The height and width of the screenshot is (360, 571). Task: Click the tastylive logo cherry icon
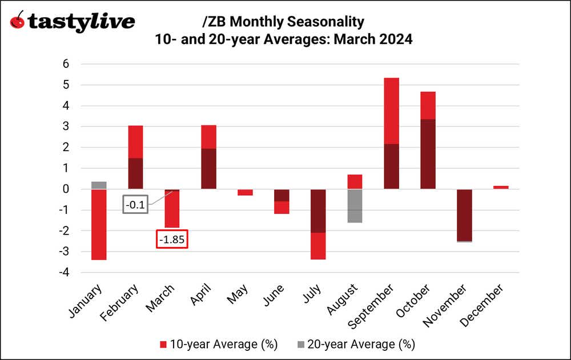point(18,21)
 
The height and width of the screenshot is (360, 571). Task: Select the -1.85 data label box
point(172,240)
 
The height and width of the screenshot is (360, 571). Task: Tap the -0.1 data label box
point(135,204)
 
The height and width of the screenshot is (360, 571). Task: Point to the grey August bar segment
point(355,206)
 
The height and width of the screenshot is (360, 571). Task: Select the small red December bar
point(501,187)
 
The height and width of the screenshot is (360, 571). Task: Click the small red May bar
point(245,192)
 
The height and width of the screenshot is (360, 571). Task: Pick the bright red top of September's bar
point(391,111)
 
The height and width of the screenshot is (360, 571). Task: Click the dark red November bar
point(464,215)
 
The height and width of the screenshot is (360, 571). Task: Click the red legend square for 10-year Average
point(163,345)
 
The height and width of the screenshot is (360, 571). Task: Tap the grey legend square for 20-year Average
point(300,345)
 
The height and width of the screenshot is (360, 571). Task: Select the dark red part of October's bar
point(428,154)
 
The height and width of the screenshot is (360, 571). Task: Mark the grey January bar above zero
point(99,185)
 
